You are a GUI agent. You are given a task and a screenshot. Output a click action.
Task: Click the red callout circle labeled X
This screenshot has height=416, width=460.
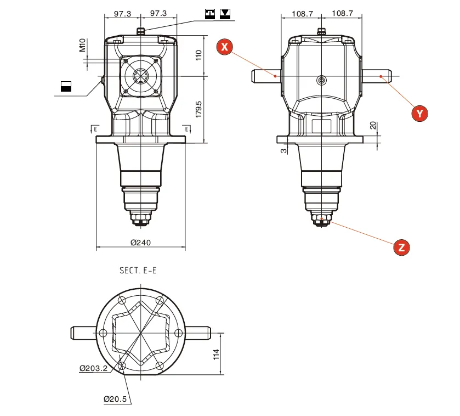pos(225,47)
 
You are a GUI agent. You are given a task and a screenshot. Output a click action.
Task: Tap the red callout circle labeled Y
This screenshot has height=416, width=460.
pos(419,113)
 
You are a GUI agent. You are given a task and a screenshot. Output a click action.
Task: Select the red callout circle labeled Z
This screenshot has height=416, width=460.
pos(401,248)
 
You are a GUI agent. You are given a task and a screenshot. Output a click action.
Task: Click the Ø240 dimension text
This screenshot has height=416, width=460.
pos(141,243)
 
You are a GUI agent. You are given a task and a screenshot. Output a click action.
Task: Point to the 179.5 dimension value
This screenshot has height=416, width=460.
pos(199,109)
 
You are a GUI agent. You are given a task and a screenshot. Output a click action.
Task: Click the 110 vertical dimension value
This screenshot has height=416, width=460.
pos(199,55)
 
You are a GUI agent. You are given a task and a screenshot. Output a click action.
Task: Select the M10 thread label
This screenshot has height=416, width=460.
pos(82,45)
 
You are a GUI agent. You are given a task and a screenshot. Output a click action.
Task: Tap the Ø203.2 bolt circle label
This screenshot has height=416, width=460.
pos(93,368)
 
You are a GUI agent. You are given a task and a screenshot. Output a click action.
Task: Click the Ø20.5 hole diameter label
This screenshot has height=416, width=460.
pos(115,399)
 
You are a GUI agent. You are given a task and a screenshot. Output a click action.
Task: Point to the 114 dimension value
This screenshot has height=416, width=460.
pos(216,355)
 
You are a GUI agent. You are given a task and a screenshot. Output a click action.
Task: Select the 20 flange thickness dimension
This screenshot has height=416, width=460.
pos(373,126)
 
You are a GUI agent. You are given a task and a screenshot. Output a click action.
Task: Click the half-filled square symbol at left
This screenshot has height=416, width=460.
pos(66,86)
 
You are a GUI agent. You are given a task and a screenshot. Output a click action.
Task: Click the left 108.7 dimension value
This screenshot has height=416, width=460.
pos(302,13)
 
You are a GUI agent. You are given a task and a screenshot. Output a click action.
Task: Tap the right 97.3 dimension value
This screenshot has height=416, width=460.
pos(158,13)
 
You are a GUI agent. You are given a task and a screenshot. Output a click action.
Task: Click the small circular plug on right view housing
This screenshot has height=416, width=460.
pos(321,81)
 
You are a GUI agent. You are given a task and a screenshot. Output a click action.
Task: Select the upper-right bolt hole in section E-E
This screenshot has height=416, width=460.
pos(160,301)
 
